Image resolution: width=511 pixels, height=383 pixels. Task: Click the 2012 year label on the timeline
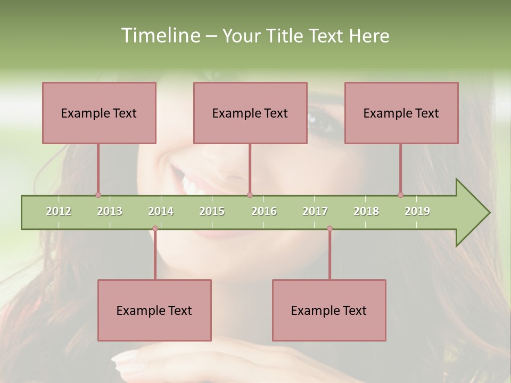pyautogui.click(x=59, y=211)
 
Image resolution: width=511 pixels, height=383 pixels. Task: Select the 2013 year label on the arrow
pyautogui.click(x=110, y=211)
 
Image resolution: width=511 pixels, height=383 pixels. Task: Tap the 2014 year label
pyautogui.click(x=161, y=211)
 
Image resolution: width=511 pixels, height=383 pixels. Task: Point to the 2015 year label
pyautogui.click(x=212, y=211)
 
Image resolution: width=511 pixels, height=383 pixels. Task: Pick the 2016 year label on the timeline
pyautogui.click(x=264, y=211)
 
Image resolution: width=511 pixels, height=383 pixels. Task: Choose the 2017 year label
pyautogui.click(x=315, y=211)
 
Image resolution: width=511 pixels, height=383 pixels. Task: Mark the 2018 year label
pyautogui.click(x=366, y=211)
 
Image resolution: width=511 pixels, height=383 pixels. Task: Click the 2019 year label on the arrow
pyautogui.click(x=417, y=211)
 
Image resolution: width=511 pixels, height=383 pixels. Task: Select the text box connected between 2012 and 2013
pyautogui.click(x=99, y=113)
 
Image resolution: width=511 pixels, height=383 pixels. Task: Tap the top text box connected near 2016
pyautogui.click(x=250, y=113)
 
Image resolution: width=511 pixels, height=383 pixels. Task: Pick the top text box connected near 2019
pyautogui.click(x=401, y=113)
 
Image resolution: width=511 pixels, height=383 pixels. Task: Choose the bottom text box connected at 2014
pyautogui.click(x=154, y=310)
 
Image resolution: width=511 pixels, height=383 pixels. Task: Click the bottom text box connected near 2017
pyautogui.click(x=329, y=310)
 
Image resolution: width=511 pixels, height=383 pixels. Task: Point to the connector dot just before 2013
pyautogui.click(x=98, y=195)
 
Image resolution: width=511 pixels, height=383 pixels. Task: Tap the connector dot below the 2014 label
pyautogui.click(x=155, y=229)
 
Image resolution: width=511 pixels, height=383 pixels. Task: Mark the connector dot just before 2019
pyautogui.click(x=400, y=195)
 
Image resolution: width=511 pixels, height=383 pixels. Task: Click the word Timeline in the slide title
pyautogui.click(x=160, y=36)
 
